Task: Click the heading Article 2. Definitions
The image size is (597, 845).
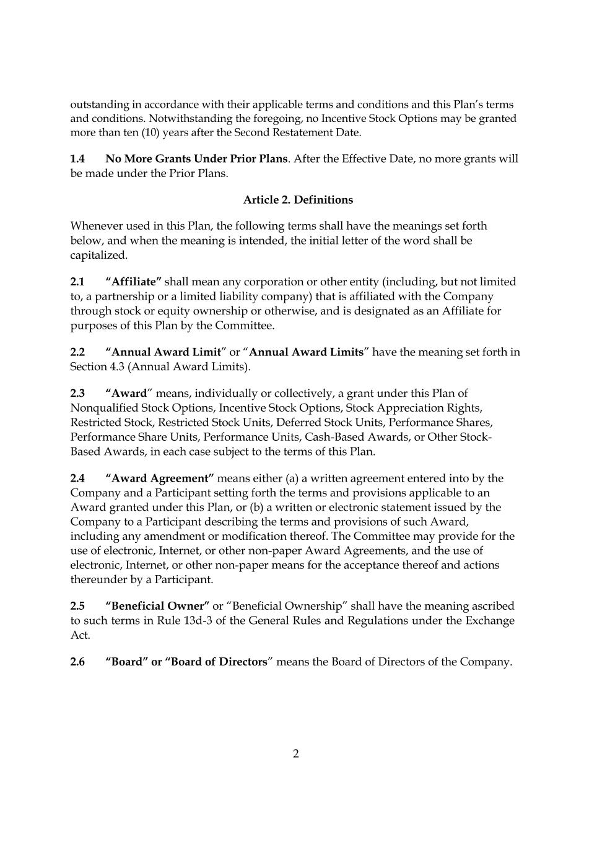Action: pyautogui.click(x=298, y=200)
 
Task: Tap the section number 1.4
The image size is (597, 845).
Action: pyautogui.click(x=77, y=159)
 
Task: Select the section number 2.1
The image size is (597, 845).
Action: pyautogui.click(x=77, y=282)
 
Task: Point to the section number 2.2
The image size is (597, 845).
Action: pyautogui.click(x=77, y=352)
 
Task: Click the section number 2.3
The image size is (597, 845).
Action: pyautogui.click(x=77, y=394)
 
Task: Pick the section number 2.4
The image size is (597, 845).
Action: pyautogui.click(x=77, y=479)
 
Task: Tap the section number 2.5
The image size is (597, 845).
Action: pyautogui.click(x=77, y=606)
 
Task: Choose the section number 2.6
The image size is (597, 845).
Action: pyautogui.click(x=77, y=662)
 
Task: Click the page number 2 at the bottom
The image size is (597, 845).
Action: pyautogui.click(x=296, y=754)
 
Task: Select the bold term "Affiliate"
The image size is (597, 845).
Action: pyautogui.click(x=133, y=282)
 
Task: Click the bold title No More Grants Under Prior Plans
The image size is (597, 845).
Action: pyautogui.click(x=196, y=159)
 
